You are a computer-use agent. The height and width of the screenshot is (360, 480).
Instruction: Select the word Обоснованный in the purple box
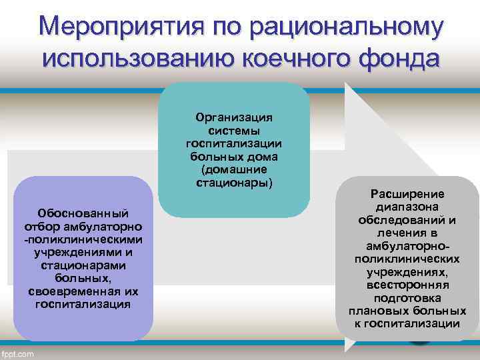tap(83, 215)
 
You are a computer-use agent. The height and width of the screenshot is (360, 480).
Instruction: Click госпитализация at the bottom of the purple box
tap(83, 304)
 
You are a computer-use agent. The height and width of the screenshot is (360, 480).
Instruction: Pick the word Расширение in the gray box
tap(407, 193)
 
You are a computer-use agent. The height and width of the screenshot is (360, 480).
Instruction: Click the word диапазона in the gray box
tap(407, 207)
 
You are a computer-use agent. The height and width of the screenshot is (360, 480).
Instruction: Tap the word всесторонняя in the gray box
tap(407, 285)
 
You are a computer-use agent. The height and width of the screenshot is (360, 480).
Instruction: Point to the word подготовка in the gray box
tap(407, 297)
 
